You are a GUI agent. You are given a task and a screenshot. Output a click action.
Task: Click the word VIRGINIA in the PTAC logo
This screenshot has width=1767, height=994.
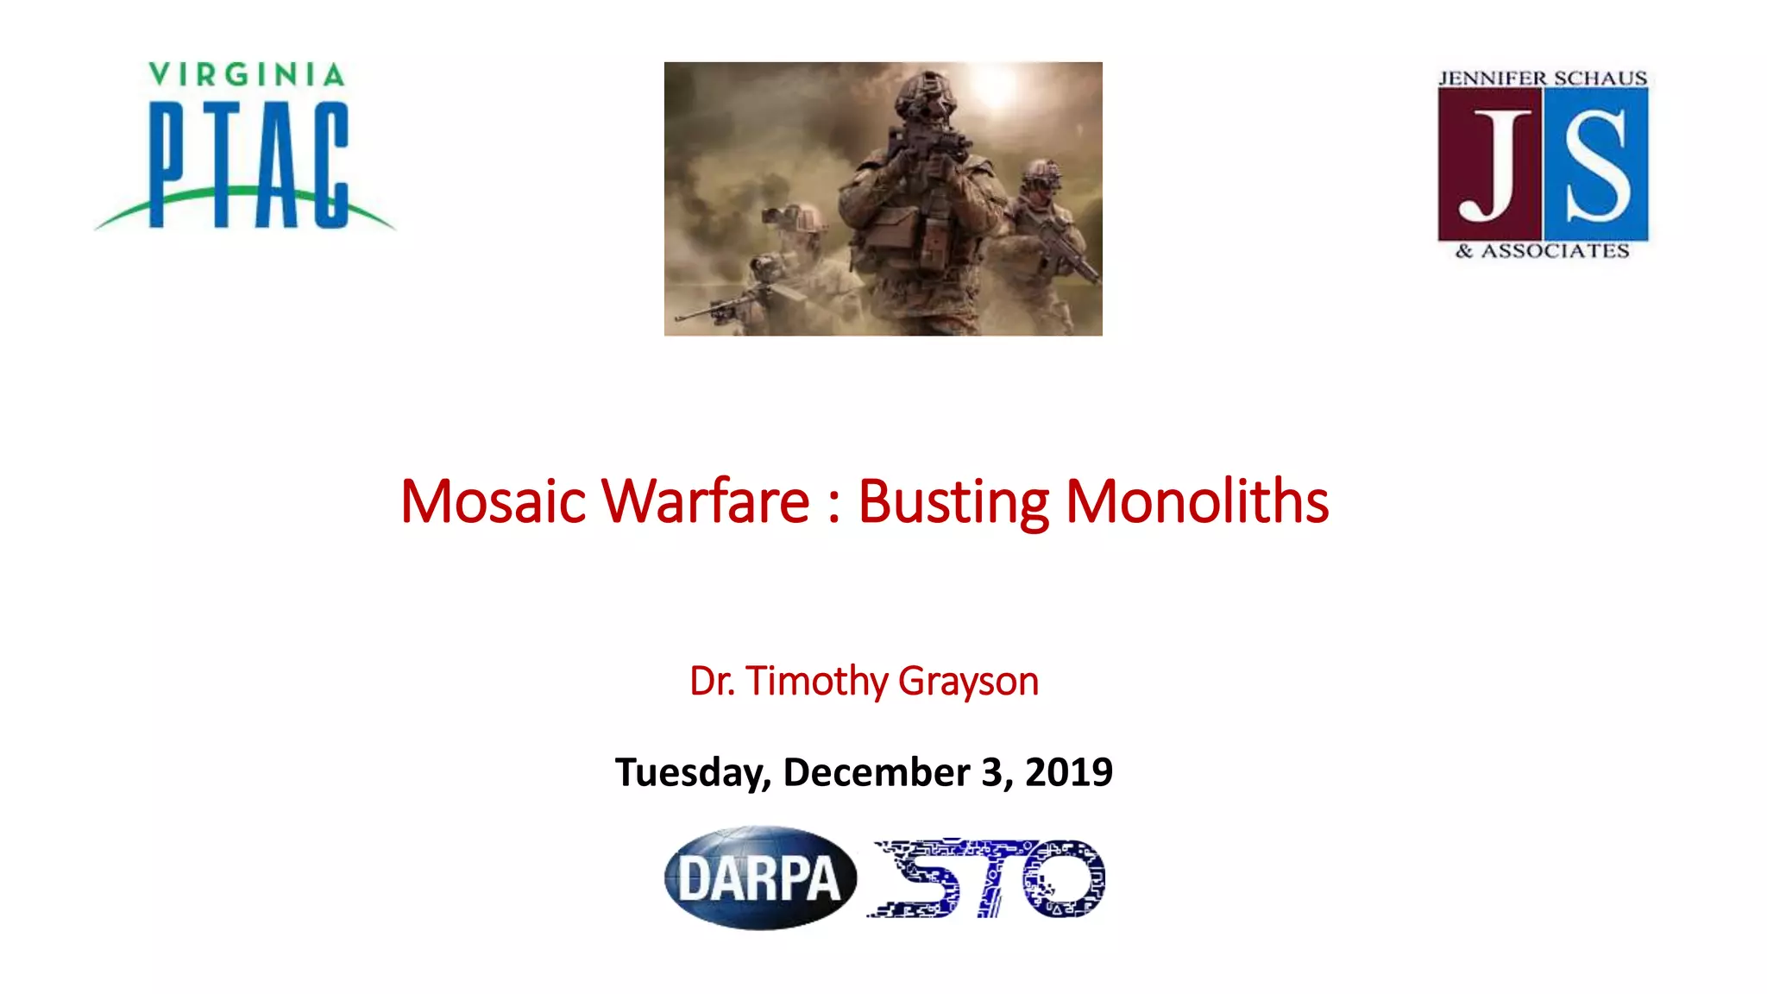tap(247, 75)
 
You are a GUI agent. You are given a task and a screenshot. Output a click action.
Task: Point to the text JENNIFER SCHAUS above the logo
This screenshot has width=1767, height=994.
tap(1543, 79)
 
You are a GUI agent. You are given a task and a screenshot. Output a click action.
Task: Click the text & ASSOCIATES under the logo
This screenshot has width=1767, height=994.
tap(1543, 251)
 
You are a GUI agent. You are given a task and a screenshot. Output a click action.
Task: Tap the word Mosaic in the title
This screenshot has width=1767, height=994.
tap(493, 501)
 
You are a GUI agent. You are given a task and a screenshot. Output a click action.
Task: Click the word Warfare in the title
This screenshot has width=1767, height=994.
tap(705, 501)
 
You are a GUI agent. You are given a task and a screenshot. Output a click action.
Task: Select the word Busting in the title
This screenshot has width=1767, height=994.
tap(953, 501)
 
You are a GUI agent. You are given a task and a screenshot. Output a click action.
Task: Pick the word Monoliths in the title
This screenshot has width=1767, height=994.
tap(1197, 501)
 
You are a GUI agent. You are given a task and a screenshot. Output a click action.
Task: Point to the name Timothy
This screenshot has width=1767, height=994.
tap(816, 682)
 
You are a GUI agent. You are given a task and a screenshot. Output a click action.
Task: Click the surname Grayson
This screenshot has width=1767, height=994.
tap(968, 682)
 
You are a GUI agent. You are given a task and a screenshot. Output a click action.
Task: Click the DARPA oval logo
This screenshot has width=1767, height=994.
tap(760, 878)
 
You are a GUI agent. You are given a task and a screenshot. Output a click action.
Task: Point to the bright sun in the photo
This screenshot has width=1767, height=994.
tap(995, 86)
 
